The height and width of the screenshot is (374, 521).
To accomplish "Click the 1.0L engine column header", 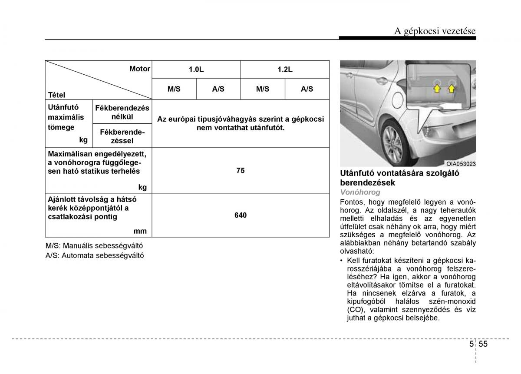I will [196, 70].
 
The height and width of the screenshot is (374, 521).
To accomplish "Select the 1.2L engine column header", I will [285, 70].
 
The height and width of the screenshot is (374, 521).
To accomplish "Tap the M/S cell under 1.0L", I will [174, 89].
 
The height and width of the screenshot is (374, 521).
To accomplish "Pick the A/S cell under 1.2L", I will [307, 89].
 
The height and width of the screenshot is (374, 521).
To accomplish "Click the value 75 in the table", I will [241, 171].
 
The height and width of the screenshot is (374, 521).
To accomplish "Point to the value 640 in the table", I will [241, 215].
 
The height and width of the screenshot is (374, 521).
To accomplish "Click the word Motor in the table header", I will [139, 69].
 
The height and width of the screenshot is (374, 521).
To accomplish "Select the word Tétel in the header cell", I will [56, 95].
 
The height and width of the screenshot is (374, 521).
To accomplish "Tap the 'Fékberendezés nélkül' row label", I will [122, 113].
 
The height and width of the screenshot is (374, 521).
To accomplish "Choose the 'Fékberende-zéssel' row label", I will [122, 136].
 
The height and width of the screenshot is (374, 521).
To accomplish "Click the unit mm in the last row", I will [140, 231].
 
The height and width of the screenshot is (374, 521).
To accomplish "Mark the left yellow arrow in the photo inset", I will [437, 89].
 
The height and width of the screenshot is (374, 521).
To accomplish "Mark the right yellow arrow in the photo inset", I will [452, 89].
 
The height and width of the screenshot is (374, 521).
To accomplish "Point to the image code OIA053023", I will [461, 164].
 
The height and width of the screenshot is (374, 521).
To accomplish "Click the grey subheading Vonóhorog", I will [360, 192].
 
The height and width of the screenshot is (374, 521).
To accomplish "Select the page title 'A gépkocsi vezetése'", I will [435, 31].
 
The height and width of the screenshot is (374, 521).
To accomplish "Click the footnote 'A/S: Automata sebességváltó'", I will [95, 256].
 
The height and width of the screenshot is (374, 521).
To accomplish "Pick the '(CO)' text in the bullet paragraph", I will [354, 310].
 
